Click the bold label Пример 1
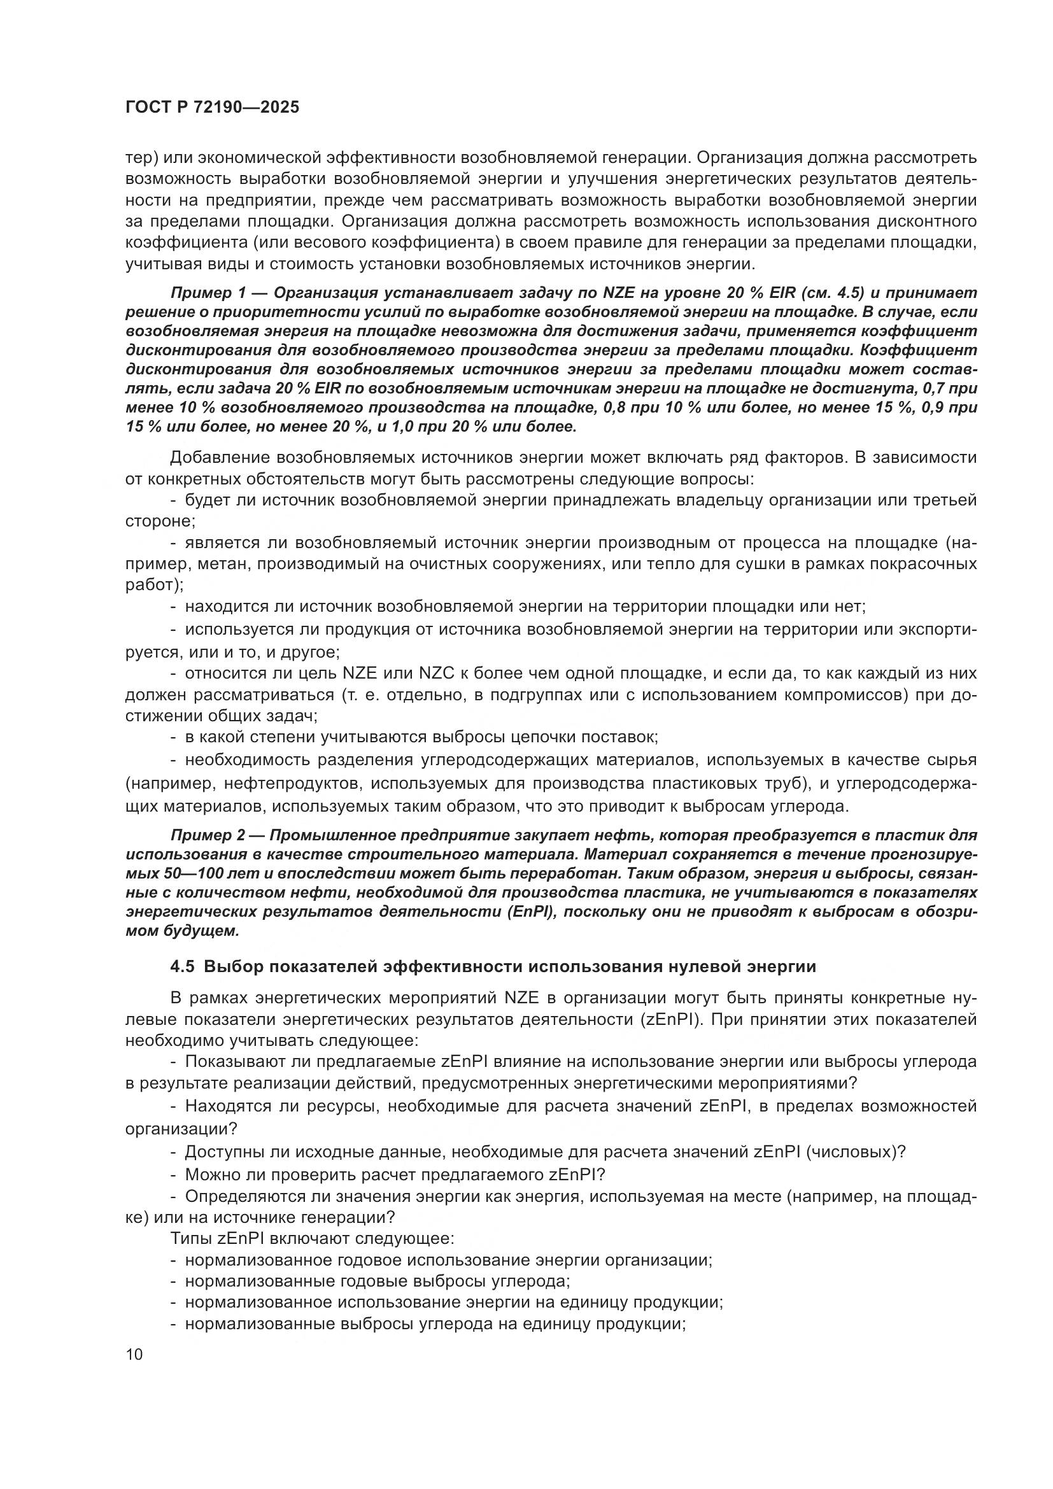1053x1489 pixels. [x=206, y=292]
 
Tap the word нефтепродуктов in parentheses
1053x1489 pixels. [x=292, y=784]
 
